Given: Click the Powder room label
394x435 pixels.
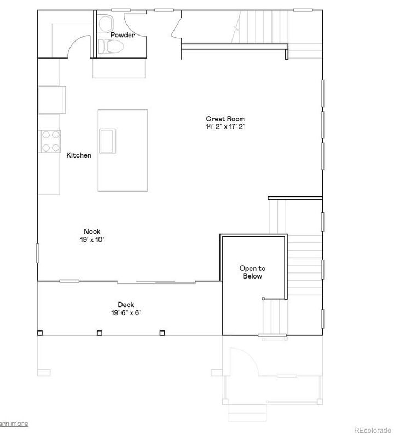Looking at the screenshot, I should pos(122,35).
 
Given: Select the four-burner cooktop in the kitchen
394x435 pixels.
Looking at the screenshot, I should pos(50,141).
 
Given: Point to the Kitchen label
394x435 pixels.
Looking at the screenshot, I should pos(79,155).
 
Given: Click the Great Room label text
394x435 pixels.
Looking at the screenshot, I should pos(225,119).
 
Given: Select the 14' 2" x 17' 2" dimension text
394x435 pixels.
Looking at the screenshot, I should pos(225,126).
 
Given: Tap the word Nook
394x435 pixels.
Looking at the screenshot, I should pos(91,231).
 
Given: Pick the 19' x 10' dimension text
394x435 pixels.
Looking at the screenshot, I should pos(91,240).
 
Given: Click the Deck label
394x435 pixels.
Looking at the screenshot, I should pos(125,305).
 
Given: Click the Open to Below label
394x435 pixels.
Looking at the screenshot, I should pos(252,272).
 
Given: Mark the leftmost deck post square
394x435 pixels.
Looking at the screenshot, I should pos(39,333).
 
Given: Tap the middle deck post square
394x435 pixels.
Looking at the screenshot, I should pos(99,333).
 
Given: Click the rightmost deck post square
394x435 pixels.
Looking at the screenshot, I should pos(161,333).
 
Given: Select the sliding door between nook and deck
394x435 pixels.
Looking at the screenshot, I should pos(157,282).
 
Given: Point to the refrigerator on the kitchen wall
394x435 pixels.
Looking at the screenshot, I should pos(52,100).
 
